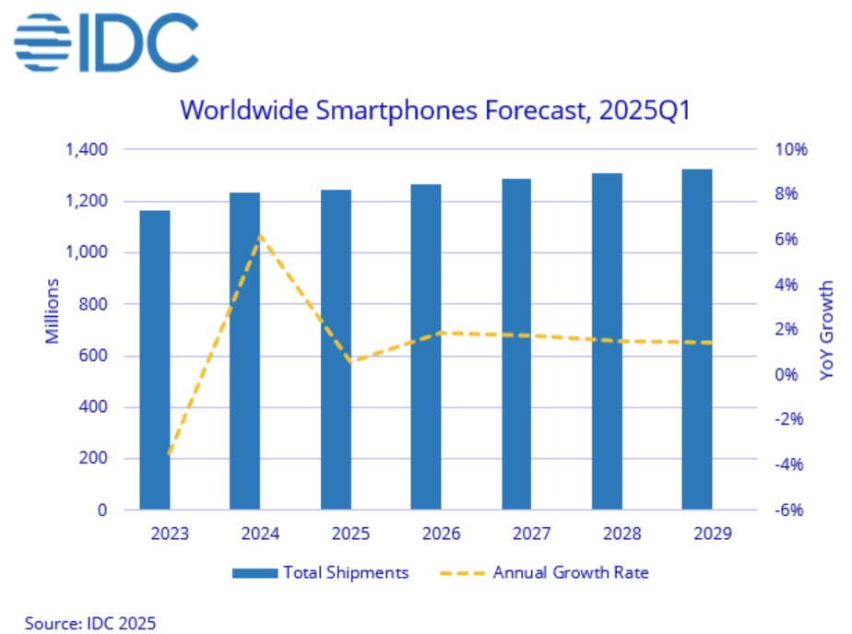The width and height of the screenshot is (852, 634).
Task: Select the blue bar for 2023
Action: pos(155,359)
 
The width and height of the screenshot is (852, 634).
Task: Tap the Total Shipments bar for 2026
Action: pos(426,346)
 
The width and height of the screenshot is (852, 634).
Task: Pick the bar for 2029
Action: pos(697,338)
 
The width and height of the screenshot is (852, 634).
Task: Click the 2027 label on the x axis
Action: pos(515,534)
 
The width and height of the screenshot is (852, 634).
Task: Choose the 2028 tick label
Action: pos(607,534)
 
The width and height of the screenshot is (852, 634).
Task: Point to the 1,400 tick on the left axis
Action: pos(88,149)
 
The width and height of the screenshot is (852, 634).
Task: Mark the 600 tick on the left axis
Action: pos(96,356)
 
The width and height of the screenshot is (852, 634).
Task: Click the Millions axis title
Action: pos(53,311)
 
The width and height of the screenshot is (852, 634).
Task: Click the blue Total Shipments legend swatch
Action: pos(254,573)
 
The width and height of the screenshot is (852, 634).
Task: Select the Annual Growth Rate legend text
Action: pos(571,573)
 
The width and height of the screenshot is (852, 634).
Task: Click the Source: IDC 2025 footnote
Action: pos(77,622)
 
